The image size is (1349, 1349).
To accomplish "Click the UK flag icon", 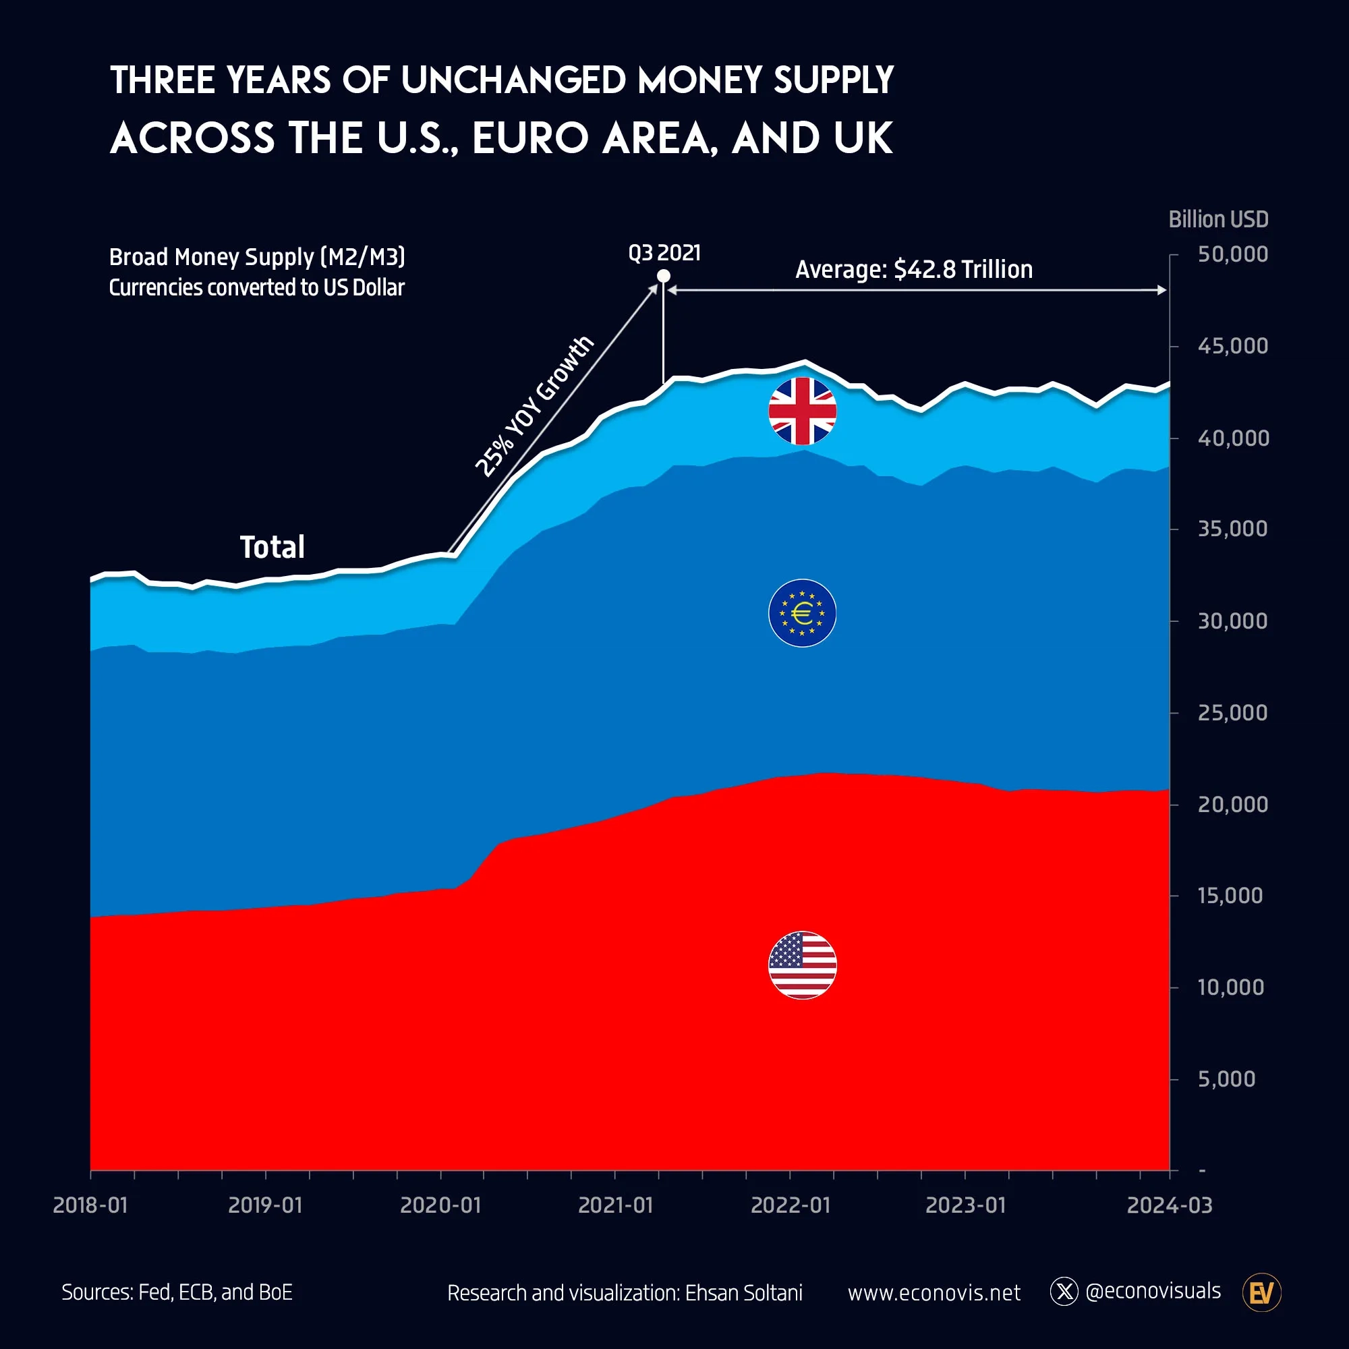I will click(802, 411).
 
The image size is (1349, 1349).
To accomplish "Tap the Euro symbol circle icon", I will click(802, 613).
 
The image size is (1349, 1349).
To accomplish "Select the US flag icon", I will click(802, 965).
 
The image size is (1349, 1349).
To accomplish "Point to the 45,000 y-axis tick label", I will click(1232, 345).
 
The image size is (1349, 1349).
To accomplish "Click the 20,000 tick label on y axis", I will click(1232, 805).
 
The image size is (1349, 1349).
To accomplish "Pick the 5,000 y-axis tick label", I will click(1226, 1079).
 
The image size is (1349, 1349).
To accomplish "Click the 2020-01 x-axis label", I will click(440, 1205).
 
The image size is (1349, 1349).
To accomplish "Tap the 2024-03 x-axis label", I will click(1170, 1205).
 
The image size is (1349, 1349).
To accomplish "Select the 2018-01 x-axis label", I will click(91, 1205).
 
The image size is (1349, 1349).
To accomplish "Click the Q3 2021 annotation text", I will click(664, 253).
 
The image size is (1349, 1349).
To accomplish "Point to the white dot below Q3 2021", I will click(663, 277).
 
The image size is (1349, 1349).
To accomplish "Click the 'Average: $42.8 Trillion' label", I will click(913, 270).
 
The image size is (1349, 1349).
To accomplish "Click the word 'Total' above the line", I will click(272, 547).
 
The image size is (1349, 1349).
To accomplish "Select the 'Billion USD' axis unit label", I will click(1217, 219).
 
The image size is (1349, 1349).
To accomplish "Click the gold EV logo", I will click(1262, 1292).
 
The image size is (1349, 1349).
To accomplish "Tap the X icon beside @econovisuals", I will click(1064, 1292).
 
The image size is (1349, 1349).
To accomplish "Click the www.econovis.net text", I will click(934, 1293).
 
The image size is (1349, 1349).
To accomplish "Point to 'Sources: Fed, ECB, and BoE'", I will click(177, 1292).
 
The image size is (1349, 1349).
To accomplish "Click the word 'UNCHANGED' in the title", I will click(513, 80).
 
